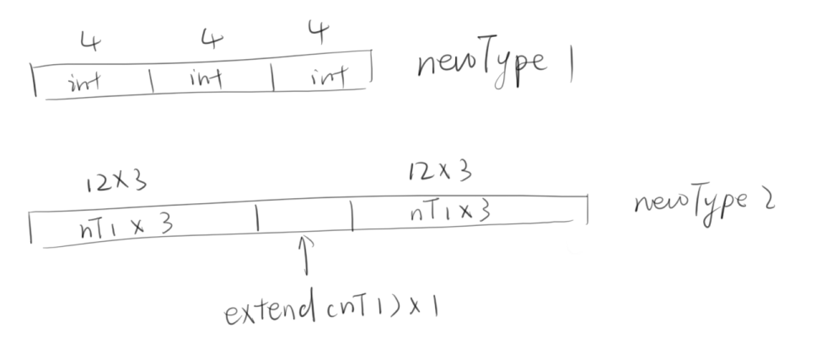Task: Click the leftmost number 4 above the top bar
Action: click(x=87, y=40)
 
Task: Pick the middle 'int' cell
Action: click(x=206, y=80)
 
